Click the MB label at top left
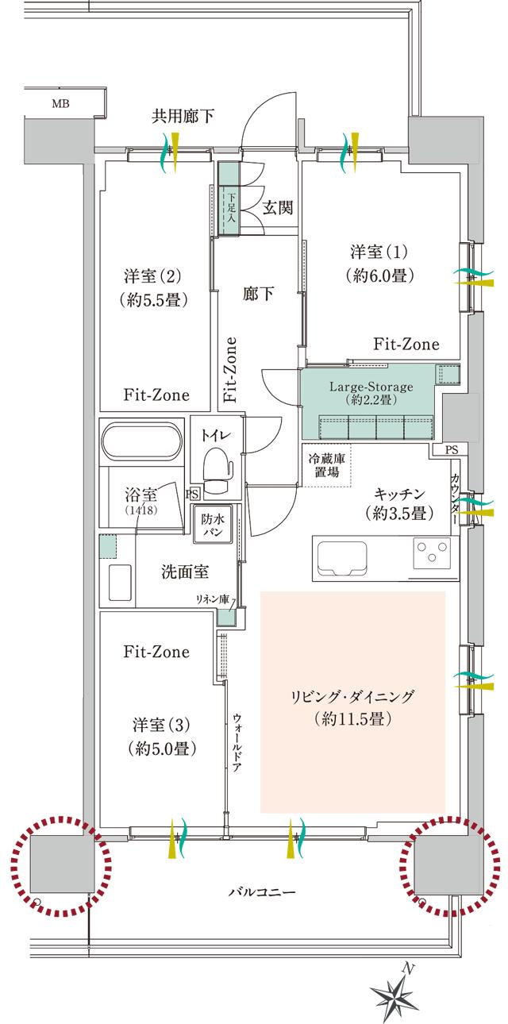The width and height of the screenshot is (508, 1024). [x=60, y=103]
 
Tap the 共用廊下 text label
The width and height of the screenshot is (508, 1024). [x=183, y=117]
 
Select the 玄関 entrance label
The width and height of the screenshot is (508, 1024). [x=279, y=208]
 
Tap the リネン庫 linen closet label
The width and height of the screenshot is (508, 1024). [x=215, y=600]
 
